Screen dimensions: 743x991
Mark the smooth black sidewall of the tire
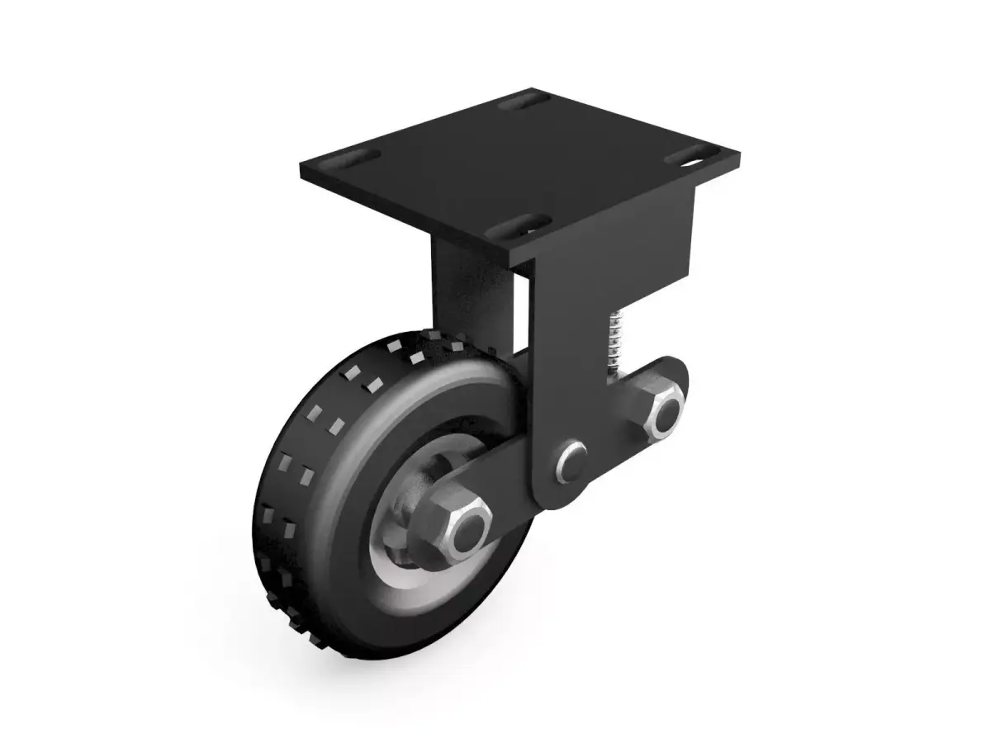(x=355, y=512)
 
